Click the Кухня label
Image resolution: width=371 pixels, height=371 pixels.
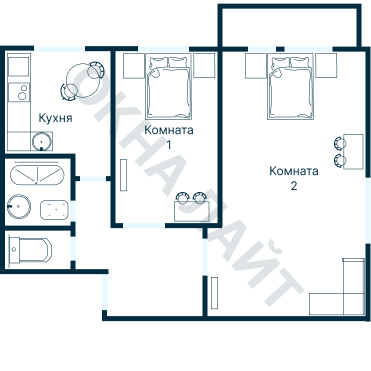pos(55,118)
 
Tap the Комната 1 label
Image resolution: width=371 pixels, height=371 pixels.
pos(169,137)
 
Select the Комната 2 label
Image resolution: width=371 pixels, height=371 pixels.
pos(294,178)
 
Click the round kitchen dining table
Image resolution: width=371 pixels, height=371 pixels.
pos(82,80)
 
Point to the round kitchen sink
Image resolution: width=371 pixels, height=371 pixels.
pos(42,141)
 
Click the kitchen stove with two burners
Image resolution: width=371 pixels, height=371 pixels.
pos(19,92)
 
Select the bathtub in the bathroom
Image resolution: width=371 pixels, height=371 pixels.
pos(37,174)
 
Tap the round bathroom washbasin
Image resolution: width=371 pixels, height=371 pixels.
pos(19,207)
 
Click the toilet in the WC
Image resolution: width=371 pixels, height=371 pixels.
pos(30,250)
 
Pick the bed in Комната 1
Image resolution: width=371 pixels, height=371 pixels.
pos(169,86)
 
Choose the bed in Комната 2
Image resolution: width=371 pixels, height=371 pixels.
pos(291,86)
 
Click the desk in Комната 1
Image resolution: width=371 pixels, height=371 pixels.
pos(192,212)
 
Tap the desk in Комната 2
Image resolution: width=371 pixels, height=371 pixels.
pos(353,152)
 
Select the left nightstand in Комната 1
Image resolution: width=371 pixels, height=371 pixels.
pos(134,66)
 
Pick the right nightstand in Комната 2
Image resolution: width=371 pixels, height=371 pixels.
pos(326,66)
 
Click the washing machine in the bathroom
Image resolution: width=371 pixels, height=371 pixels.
pos(54,210)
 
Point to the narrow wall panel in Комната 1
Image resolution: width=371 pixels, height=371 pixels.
pos(124,175)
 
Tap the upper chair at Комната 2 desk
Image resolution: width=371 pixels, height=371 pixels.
pos(340,143)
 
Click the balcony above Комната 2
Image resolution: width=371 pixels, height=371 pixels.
pos(289,26)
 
